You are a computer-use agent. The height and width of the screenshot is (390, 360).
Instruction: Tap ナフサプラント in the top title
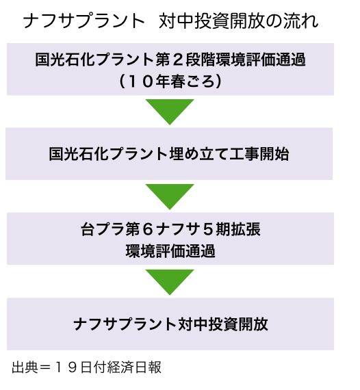(x=84, y=21)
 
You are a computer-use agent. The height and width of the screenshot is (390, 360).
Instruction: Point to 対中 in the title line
(x=176, y=21)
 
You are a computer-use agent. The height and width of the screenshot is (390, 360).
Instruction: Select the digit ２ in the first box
(x=178, y=60)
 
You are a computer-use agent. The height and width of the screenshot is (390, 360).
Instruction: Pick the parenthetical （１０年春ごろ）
(x=170, y=81)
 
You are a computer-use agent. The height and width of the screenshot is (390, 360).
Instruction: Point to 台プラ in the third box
(x=103, y=229)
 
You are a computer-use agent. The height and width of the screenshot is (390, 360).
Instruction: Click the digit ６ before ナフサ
(x=148, y=229)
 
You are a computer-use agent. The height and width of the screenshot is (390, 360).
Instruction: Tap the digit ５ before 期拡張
(x=208, y=229)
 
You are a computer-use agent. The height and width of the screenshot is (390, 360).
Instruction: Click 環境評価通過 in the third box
(x=170, y=251)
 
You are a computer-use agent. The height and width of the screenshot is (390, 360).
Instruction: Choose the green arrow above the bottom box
(x=170, y=282)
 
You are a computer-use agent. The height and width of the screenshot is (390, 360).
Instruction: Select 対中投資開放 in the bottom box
(x=223, y=324)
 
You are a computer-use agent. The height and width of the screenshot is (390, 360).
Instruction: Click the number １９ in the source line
(x=65, y=367)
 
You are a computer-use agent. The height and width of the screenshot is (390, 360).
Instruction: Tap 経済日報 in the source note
(x=134, y=367)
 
